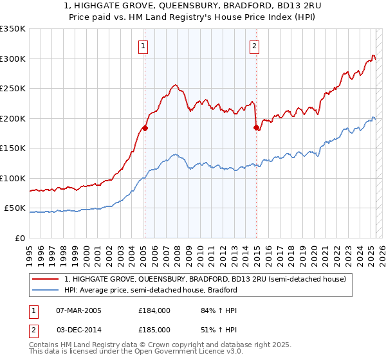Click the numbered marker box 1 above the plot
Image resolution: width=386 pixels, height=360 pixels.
click(x=142, y=46)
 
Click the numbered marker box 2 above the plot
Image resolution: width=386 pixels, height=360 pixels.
click(x=255, y=46)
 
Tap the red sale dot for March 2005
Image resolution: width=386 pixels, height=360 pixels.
click(x=145, y=128)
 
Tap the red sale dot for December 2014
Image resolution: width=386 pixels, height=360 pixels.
click(x=257, y=127)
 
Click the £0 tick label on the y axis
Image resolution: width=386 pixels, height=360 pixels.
click(x=19, y=238)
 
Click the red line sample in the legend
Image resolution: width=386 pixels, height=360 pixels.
click(x=46, y=280)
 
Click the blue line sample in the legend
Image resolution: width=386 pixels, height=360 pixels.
click(x=46, y=290)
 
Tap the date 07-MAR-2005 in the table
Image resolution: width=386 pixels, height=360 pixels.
click(x=78, y=310)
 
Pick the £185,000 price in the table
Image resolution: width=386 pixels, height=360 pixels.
click(x=154, y=329)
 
